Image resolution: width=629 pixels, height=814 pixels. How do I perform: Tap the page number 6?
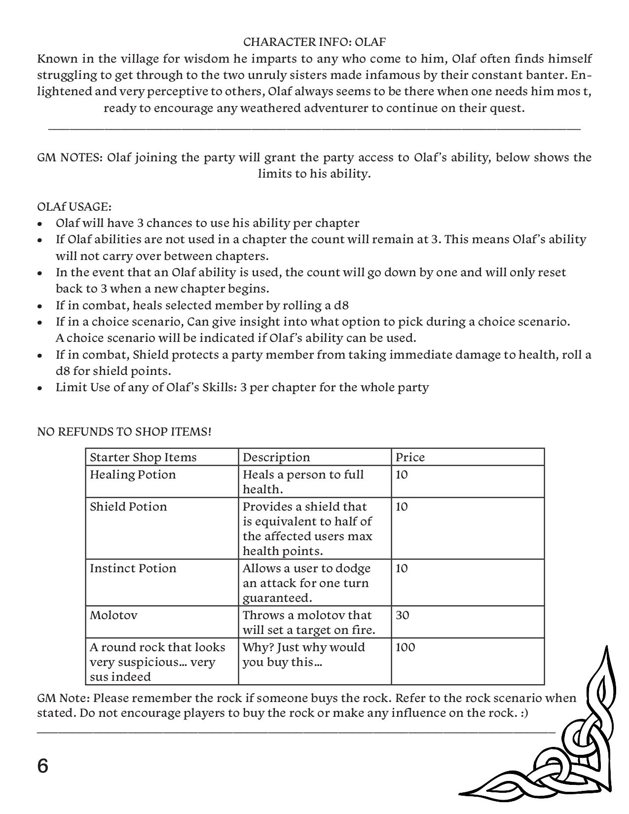[43, 767]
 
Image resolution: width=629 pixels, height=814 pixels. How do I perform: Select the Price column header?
[410, 457]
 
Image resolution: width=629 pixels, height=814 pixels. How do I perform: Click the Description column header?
[276, 457]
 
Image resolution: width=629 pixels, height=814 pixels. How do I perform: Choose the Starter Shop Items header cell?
[143, 457]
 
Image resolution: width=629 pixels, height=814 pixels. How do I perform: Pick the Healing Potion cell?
[133, 475]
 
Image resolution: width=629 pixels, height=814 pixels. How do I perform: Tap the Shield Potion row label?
[128, 507]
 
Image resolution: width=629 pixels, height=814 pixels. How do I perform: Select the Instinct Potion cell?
[133, 568]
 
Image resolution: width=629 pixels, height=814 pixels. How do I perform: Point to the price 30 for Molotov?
[403, 615]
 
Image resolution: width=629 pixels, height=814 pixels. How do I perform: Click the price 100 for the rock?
[405, 647]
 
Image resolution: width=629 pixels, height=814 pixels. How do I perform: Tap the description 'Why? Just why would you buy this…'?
[303, 655]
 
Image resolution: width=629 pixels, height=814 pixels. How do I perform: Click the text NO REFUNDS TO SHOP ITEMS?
[124, 432]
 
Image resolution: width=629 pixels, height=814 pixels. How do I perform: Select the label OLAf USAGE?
[74, 206]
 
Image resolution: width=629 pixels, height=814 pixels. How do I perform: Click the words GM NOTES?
[70, 157]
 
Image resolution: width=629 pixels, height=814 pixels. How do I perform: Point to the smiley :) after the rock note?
[523, 713]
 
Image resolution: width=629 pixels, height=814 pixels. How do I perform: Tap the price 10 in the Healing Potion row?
[402, 475]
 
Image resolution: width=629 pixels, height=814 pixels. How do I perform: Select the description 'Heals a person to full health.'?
[303, 482]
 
